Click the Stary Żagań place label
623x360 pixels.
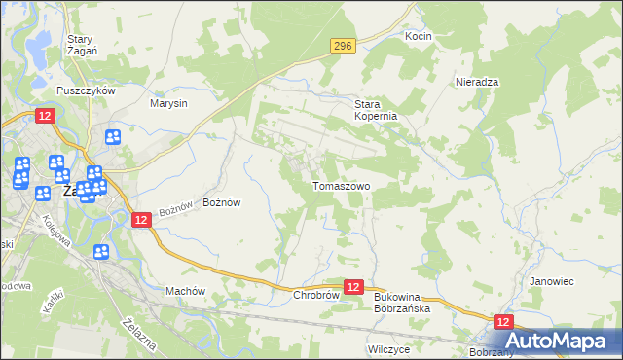tap(79, 46)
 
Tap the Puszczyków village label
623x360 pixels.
tap(87, 90)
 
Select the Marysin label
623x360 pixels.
tap(168, 102)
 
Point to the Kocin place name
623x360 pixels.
tap(418, 36)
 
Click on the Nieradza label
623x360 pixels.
tap(477, 83)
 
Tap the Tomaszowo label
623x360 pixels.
tap(341, 186)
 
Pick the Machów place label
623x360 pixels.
tap(185, 291)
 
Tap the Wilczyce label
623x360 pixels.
tap(387, 347)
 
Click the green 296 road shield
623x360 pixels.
tap(342, 46)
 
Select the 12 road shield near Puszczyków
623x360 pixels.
tap(45, 115)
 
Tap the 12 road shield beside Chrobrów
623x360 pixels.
tap(353, 287)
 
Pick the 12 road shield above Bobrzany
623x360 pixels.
tap(503, 322)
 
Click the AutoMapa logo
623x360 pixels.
tap(556, 341)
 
